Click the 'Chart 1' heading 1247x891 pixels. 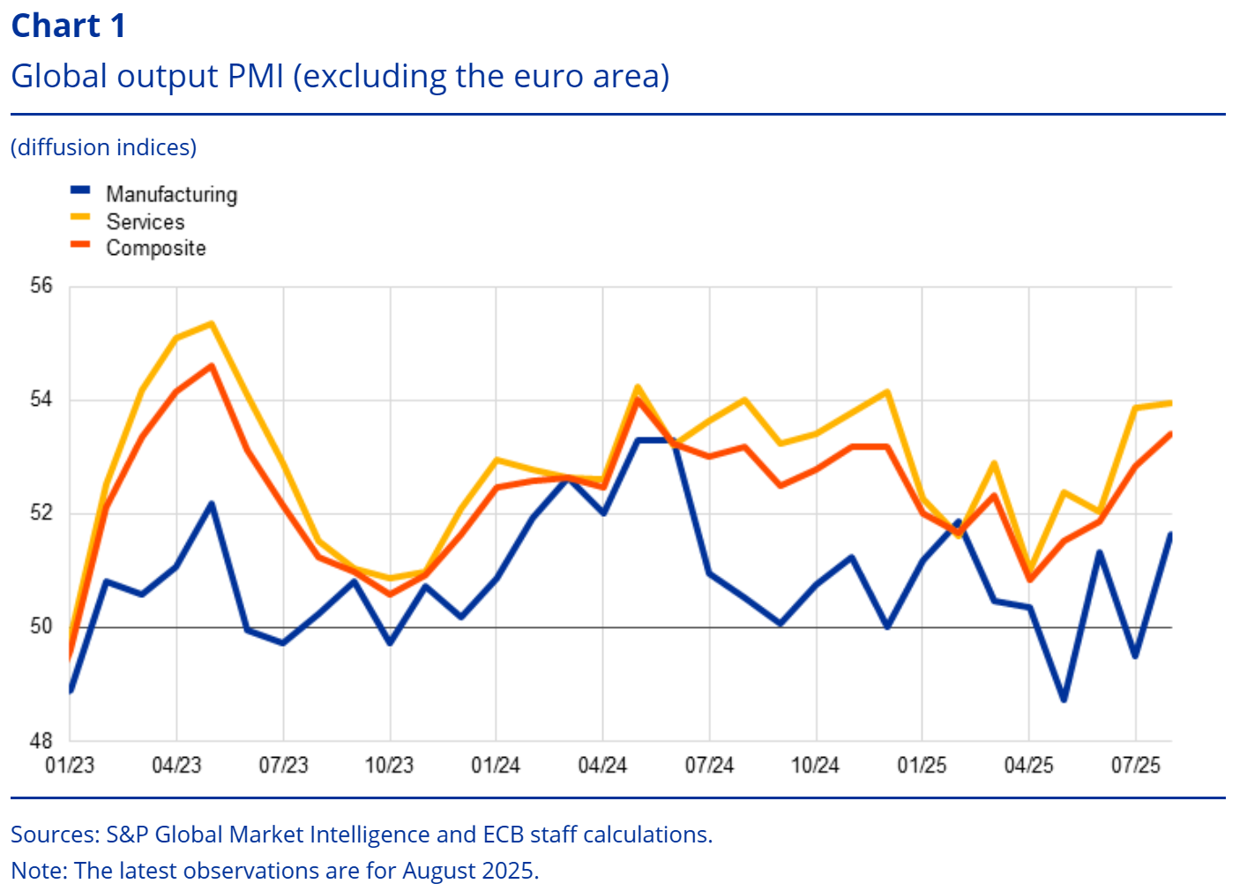click(x=68, y=26)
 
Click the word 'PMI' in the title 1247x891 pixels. click(x=256, y=76)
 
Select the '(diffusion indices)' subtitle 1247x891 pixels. click(x=103, y=147)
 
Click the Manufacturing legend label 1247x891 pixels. click(x=171, y=194)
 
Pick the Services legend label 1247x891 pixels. click(x=146, y=221)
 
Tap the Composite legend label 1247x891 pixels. click(x=156, y=248)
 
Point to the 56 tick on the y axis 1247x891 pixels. click(x=41, y=286)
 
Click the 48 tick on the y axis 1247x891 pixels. click(x=41, y=741)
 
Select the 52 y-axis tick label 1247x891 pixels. click(x=41, y=513)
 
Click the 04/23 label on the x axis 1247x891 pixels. click(x=176, y=765)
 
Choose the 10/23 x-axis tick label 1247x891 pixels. click(x=389, y=765)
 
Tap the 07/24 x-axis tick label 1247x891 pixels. click(x=709, y=765)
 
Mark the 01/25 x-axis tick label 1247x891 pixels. click(x=922, y=765)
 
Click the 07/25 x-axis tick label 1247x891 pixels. click(x=1135, y=765)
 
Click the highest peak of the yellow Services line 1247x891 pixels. click(x=212, y=324)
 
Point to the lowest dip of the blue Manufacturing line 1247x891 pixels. click(x=1064, y=700)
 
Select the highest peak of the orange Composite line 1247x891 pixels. click(x=212, y=365)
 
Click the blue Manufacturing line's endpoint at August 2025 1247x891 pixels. click(x=1170, y=534)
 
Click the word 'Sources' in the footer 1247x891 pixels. click(x=54, y=835)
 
